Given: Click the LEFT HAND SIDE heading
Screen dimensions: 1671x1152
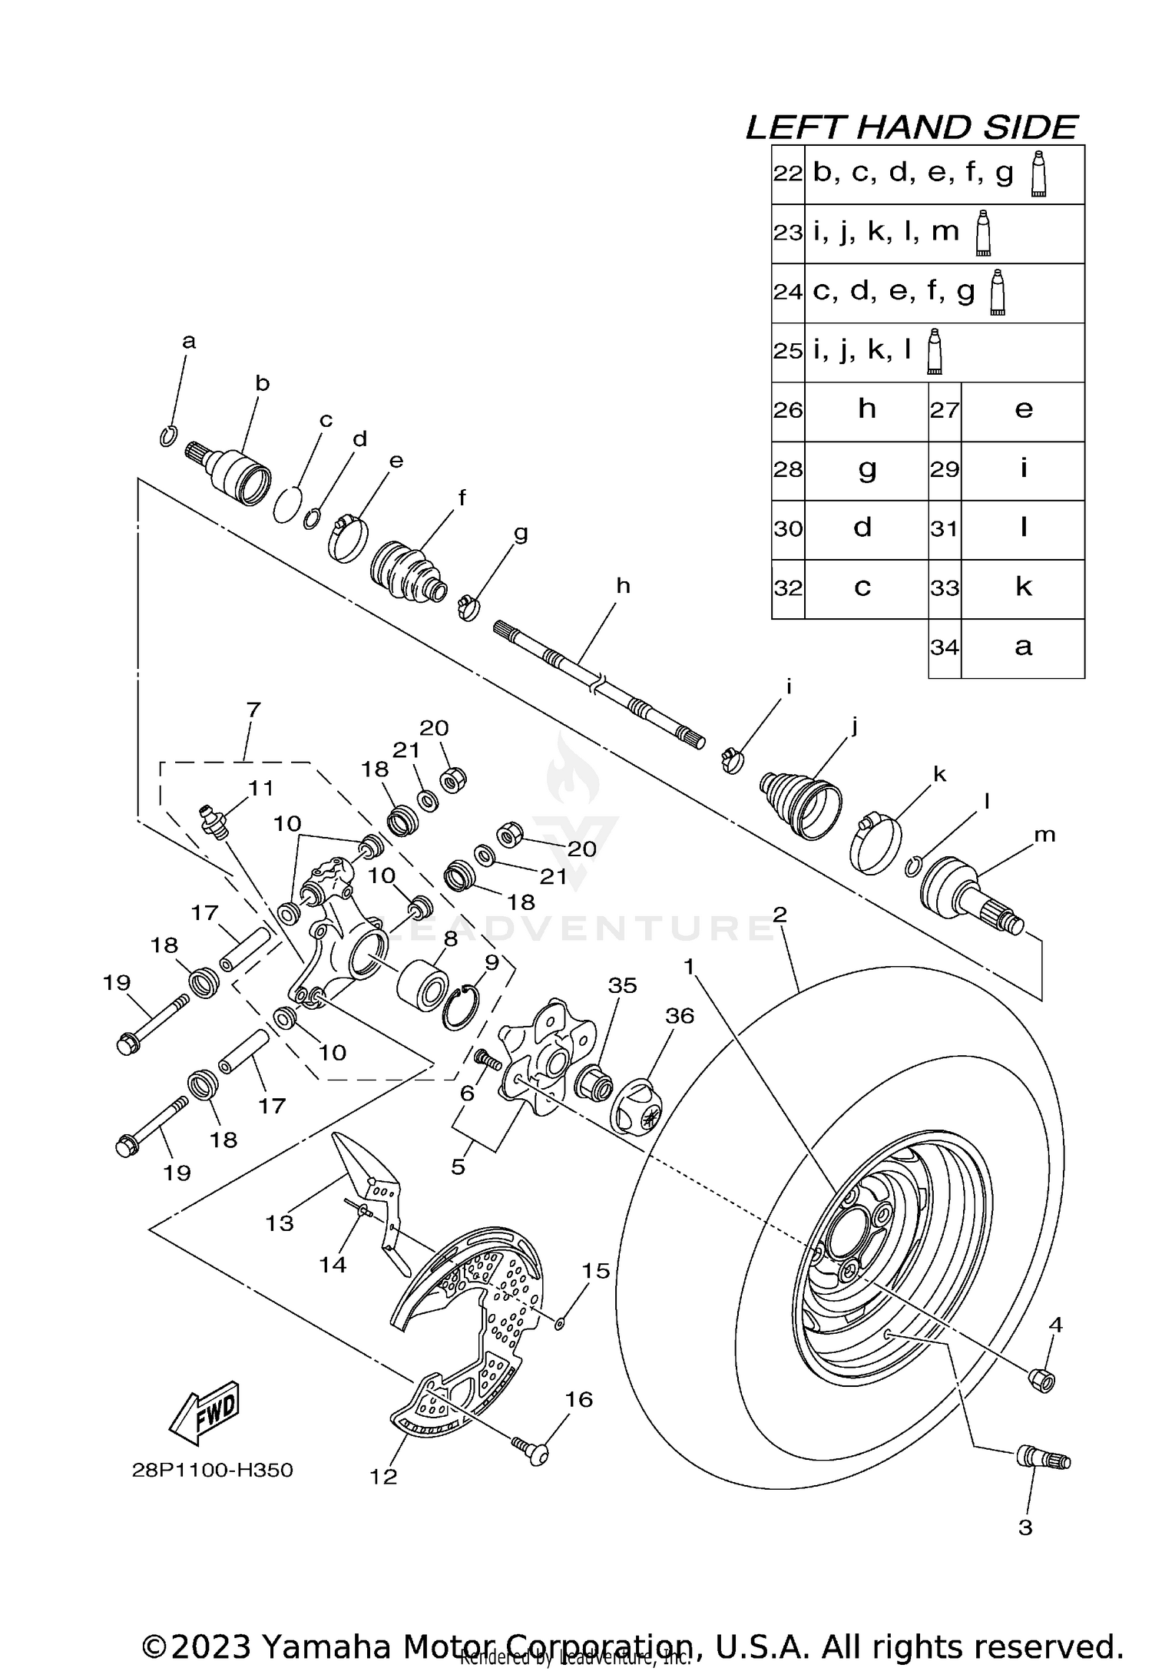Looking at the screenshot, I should pos(912,127).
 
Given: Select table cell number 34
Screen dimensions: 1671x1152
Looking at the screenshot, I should pos(945,647).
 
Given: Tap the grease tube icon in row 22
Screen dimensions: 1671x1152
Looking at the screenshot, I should pos(1039,174).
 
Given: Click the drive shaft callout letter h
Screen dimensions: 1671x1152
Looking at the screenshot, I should pos(623,587).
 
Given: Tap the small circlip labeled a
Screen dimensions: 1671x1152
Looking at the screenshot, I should pos(170,436).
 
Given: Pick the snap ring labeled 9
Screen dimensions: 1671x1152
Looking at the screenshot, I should pos(461,1007).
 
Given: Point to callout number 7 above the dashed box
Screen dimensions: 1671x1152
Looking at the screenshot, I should pos(253,710).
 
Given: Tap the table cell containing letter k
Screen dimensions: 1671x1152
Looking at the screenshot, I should pos(1023,587).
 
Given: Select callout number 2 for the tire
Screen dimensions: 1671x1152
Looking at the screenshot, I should pos(780,915).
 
